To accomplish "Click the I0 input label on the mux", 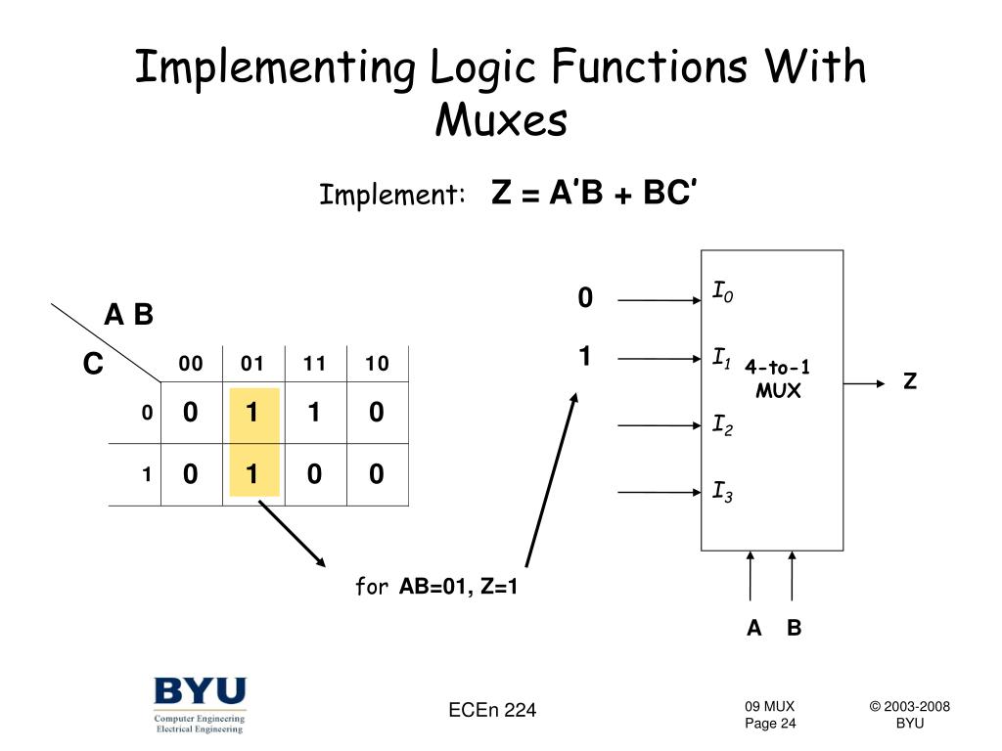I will (722, 291).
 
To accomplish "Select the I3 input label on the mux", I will (722, 491).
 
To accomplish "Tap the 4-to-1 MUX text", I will (777, 379).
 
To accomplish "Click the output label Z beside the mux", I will (910, 381).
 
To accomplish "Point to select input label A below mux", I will (753, 628).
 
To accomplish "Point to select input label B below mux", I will (794, 628).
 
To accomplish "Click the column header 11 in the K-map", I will (314, 365).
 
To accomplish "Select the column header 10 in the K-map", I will (377, 365).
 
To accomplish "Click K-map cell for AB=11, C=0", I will (314, 414).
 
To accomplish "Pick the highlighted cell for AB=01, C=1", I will (251, 474).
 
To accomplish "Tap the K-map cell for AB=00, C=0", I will (190, 414).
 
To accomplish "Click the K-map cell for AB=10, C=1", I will (377, 474).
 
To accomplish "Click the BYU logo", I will (200, 704).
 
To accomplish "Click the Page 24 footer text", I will (770, 724).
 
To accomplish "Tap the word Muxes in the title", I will (501, 121).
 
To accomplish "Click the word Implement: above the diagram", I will (391, 196).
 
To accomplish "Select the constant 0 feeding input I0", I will (585, 298).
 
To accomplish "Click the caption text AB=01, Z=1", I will (458, 587).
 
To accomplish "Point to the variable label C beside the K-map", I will (93, 365).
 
